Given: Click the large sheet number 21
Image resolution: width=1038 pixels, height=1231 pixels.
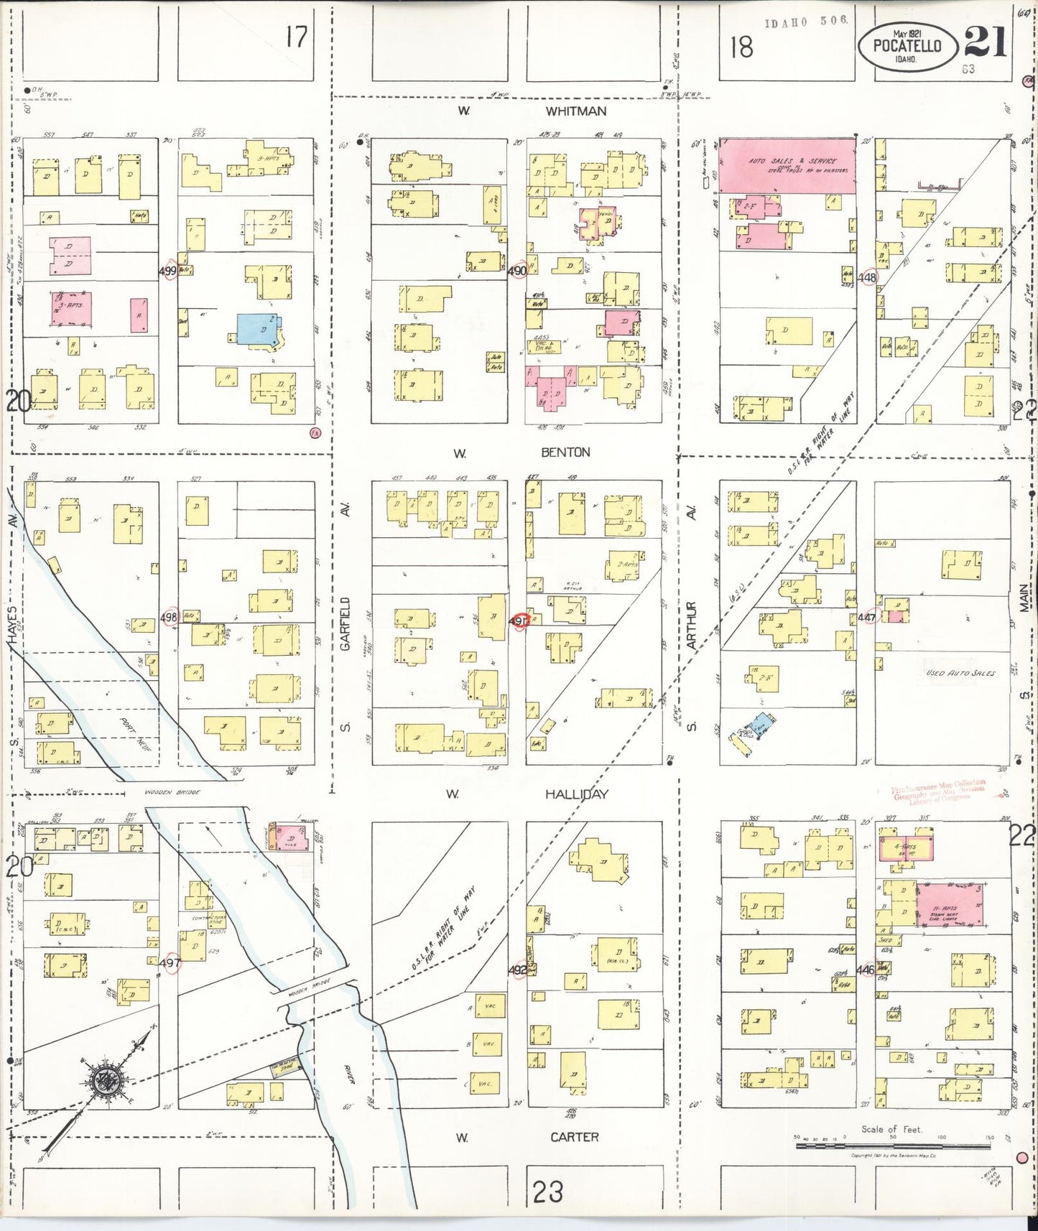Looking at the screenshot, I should click(986, 42).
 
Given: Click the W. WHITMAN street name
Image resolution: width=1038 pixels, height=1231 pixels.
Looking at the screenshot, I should click(575, 111).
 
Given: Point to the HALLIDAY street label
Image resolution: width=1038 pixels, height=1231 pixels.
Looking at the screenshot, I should click(576, 794).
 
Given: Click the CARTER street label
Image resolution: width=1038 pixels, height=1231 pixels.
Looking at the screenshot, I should click(575, 1137).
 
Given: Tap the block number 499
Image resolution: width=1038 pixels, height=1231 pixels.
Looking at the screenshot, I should click(167, 271).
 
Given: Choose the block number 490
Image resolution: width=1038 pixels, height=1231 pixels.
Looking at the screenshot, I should click(516, 271).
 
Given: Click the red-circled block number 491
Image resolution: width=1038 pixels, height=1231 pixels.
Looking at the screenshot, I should click(519, 621).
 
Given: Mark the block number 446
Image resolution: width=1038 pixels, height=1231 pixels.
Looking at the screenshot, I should click(865, 970).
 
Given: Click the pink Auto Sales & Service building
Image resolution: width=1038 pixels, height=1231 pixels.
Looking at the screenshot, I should click(788, 166).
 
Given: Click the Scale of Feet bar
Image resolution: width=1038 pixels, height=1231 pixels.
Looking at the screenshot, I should click(892, 1146).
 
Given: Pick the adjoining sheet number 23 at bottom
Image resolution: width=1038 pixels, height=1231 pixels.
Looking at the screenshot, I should click(547, 1192).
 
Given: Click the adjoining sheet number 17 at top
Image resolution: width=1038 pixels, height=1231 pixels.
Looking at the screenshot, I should click(296, 36).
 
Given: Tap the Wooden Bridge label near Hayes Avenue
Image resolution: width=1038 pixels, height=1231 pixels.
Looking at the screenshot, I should click(172, 792).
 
